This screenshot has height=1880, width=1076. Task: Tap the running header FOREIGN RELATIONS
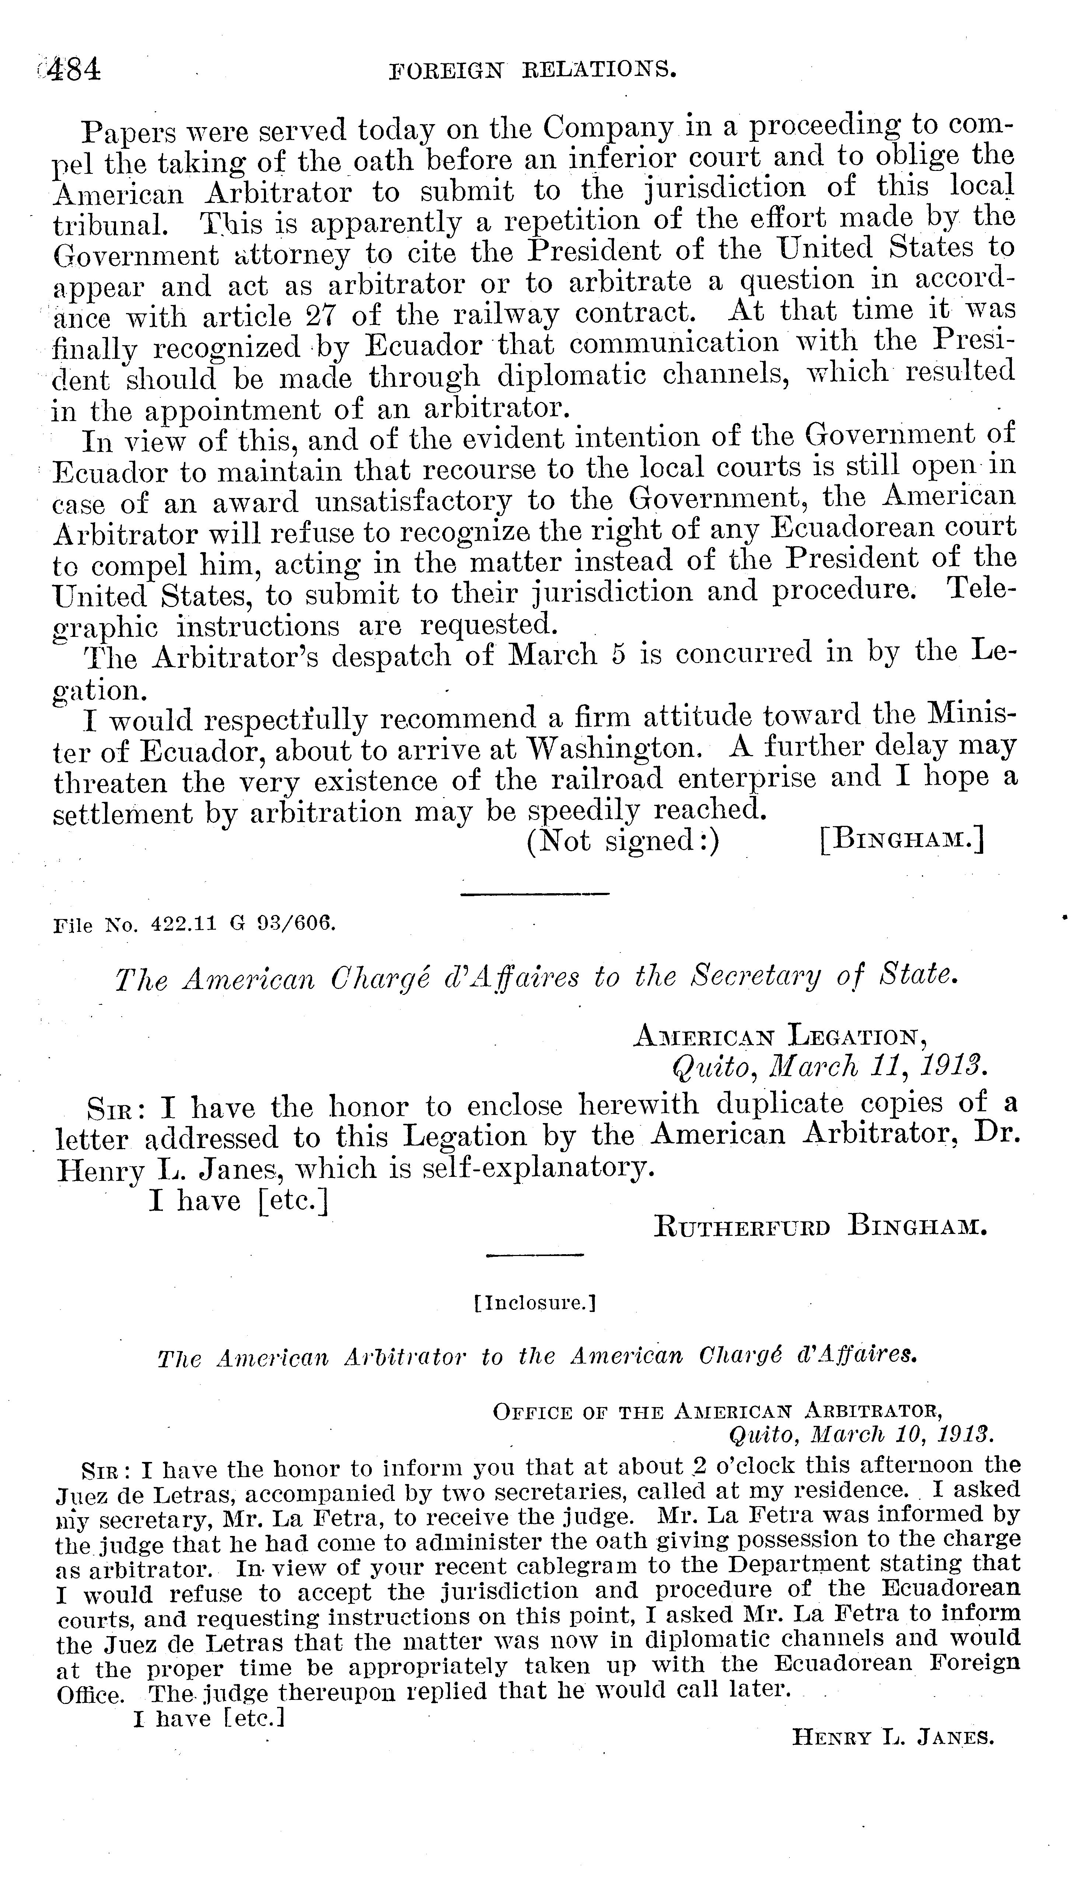(533, 70)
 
